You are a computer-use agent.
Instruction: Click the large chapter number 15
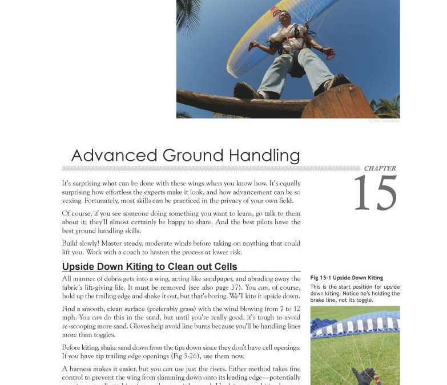[375, 194]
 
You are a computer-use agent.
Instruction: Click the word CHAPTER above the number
[380, 169]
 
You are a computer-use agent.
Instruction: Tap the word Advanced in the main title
[114, 156]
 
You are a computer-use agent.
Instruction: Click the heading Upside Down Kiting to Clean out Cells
[149, 267]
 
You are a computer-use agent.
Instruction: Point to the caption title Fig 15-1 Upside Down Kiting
[347, 278]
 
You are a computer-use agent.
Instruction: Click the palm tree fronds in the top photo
[188, 14]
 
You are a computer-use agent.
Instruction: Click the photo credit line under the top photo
[384, 121]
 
